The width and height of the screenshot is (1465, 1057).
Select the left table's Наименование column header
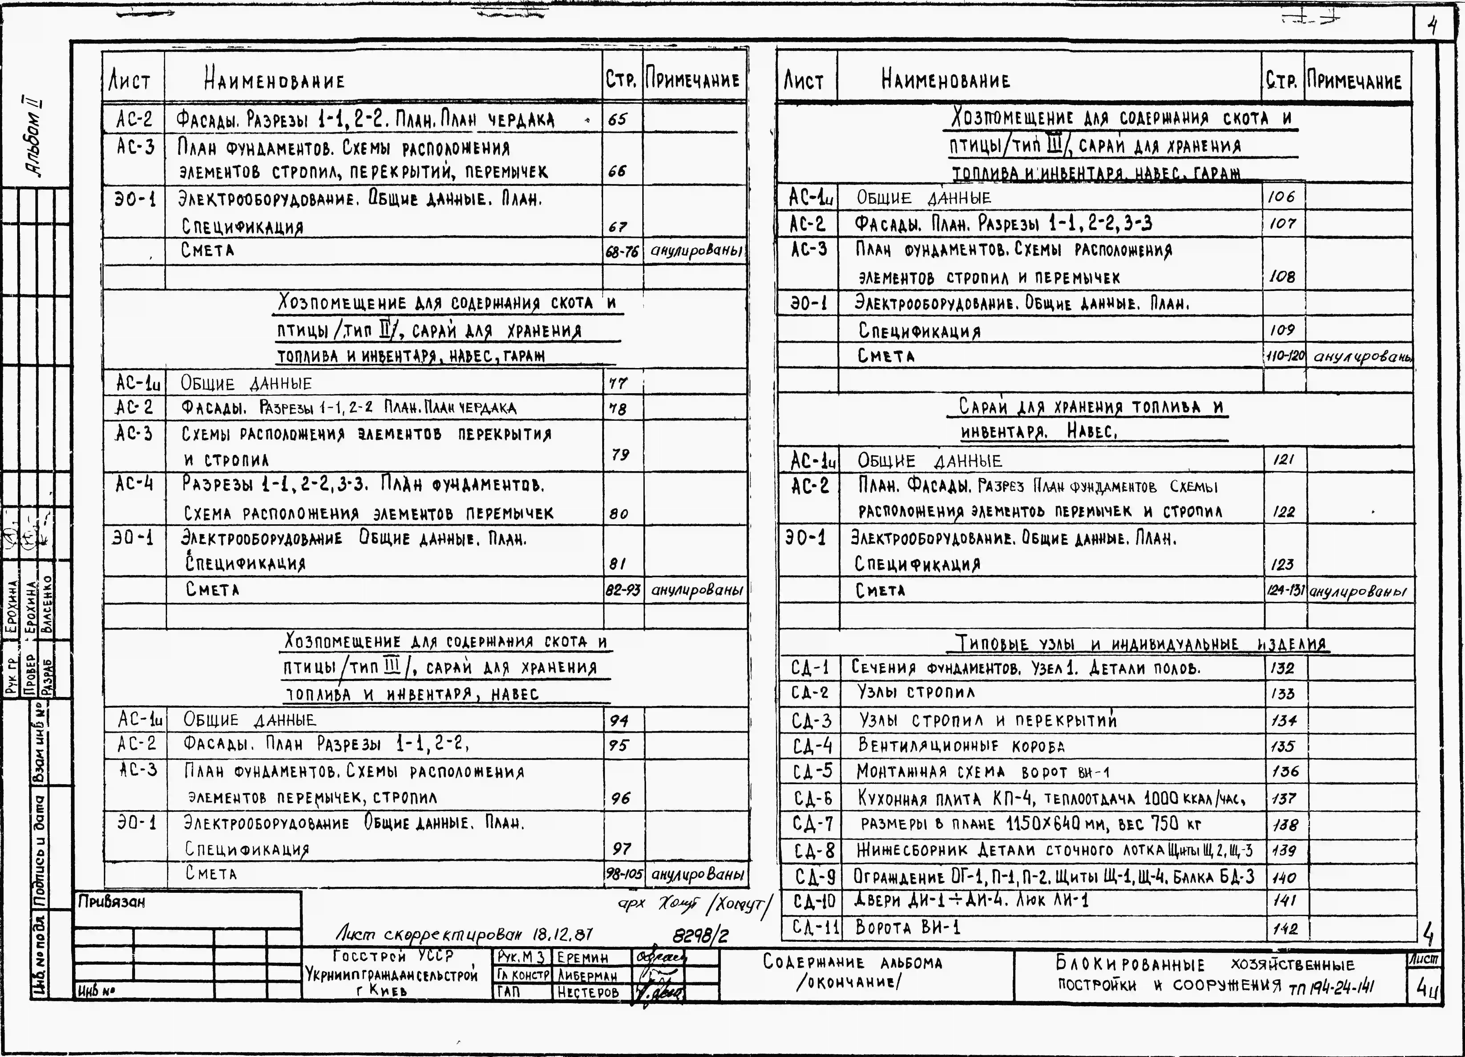tap(275, 81)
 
